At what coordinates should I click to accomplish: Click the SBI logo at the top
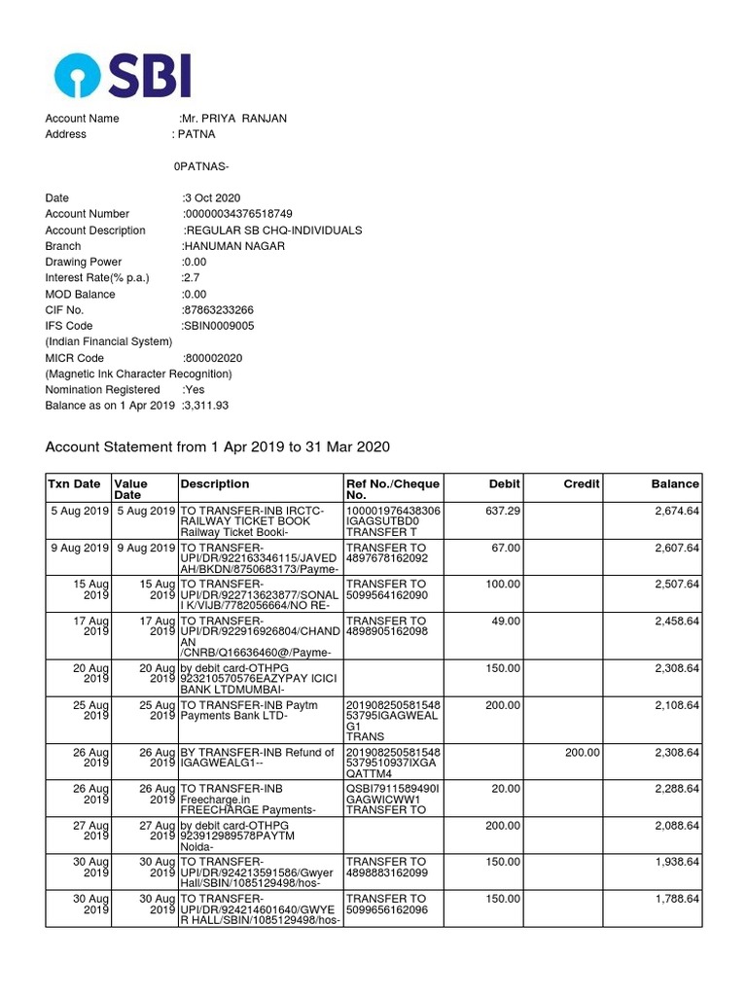point(123,76)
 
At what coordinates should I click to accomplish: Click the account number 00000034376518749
point(237,214)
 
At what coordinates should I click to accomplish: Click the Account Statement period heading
point(218,446)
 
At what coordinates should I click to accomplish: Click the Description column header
point(214,484)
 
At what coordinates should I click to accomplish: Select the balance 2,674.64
point(675,510)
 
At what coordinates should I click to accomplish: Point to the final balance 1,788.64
point(675,900)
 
